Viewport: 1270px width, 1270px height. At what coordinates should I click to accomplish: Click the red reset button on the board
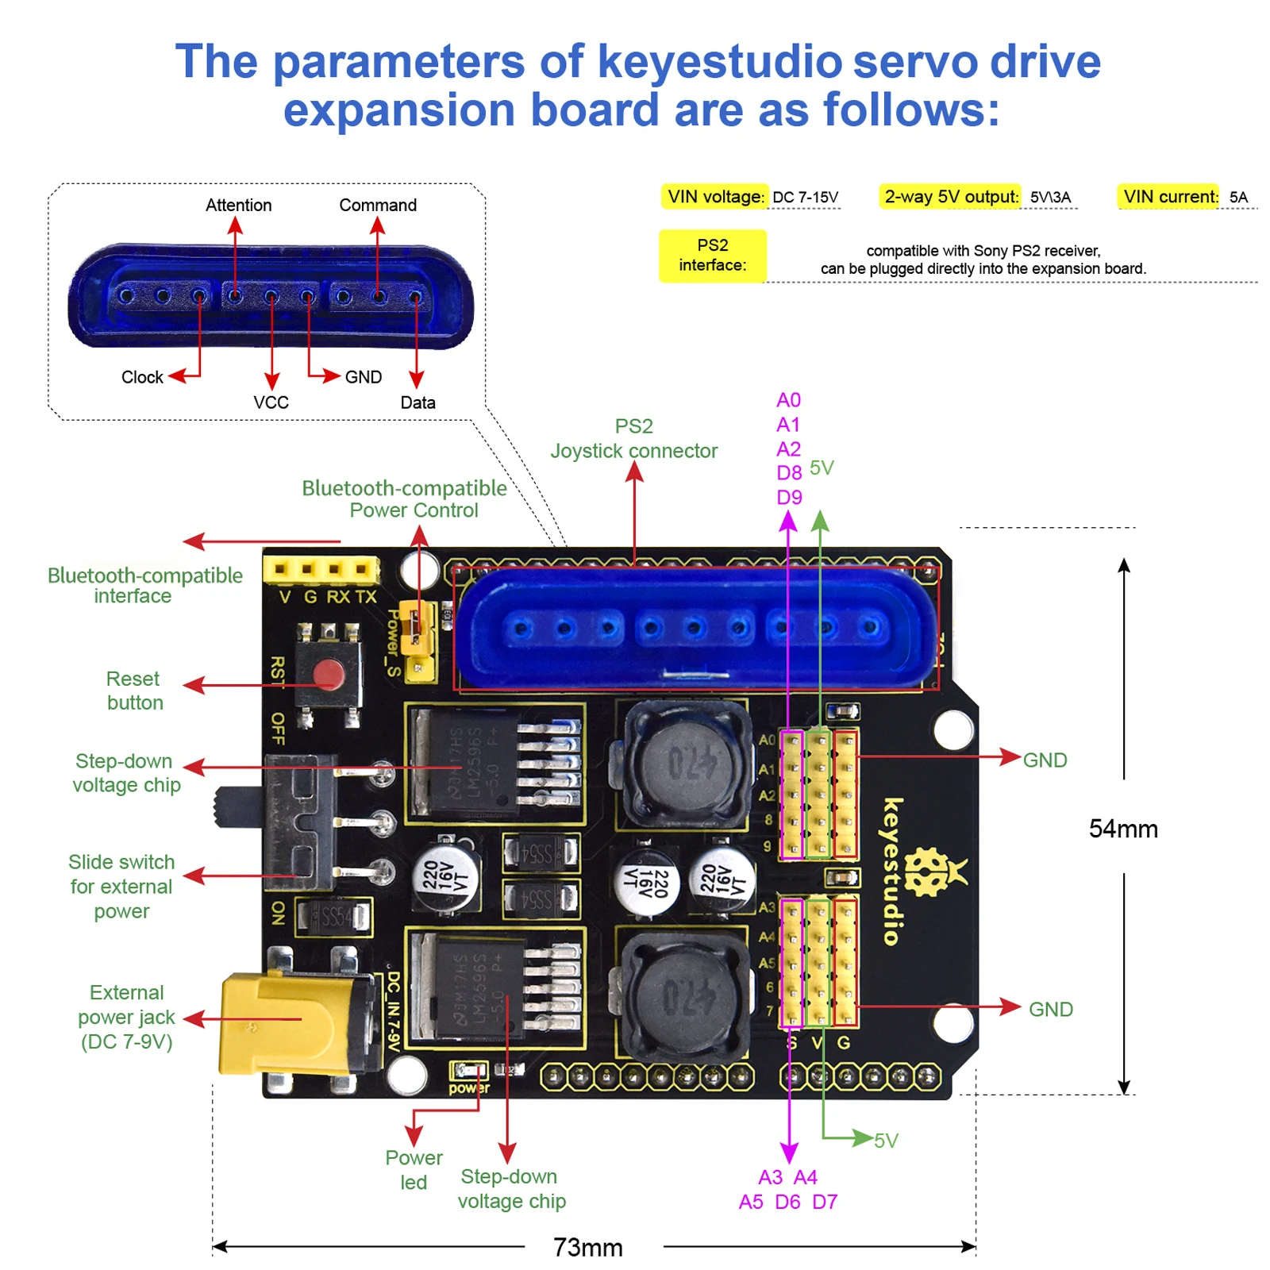click(x=328, y=676)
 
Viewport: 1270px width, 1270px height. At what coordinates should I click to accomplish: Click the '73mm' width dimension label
click(x=587, y=1247)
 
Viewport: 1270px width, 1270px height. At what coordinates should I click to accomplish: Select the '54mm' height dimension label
click(x=1122, y=829)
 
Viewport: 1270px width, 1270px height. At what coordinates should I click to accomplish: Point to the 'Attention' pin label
click(x=238, y=205)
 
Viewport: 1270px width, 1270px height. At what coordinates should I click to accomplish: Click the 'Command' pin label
click(x=377, y=205)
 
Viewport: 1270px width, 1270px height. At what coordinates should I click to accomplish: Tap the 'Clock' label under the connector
click(x=142, y=377)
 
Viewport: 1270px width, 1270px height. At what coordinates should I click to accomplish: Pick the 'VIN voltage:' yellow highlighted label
click(x=715, y=197)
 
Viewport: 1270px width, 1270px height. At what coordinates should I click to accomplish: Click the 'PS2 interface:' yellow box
click(x=712, y=256)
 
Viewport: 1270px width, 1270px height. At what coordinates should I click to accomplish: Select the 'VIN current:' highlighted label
click(x=1169, y=197)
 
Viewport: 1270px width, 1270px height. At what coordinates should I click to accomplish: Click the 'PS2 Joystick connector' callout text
click(x=633, y=439)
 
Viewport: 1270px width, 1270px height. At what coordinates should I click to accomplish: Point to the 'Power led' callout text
click(x=414, y=1169)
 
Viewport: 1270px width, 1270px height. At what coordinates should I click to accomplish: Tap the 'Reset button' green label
click(x=134, y=691)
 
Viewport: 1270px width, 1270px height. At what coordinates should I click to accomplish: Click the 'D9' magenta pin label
click(x=788, y=498)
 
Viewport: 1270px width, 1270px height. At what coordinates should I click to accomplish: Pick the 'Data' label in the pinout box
click(x=418, y=402)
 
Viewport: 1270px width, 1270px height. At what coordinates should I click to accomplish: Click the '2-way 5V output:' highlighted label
click(x=950, y=197)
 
